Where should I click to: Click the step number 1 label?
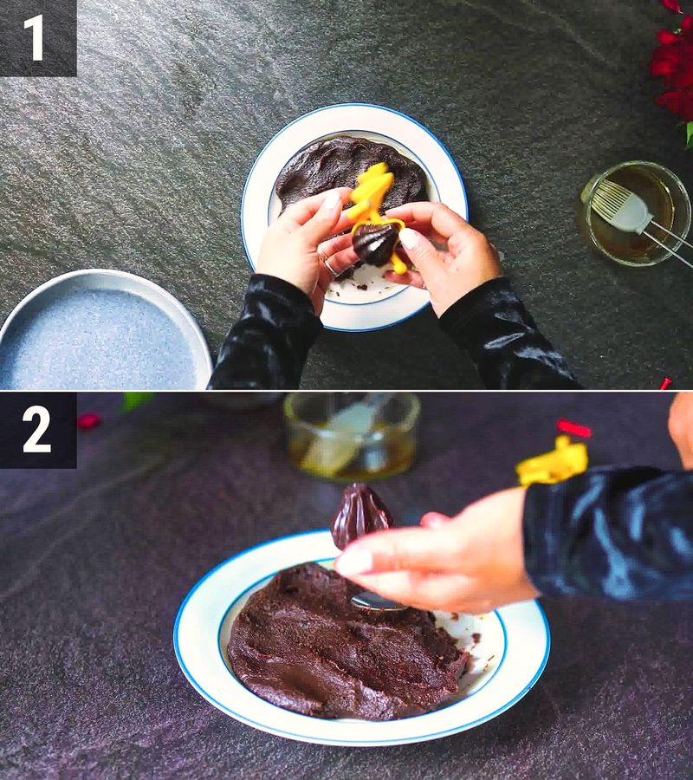point(35,37)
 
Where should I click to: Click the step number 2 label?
point(36,430)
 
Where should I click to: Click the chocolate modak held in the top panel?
point(375,244)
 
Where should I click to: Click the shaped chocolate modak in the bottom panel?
point(359,515)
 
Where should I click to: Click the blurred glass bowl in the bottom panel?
point(351,433)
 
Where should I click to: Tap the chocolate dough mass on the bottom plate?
point(338,641)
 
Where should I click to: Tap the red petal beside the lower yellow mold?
point(573,428)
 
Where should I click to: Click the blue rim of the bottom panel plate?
point(185,659)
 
